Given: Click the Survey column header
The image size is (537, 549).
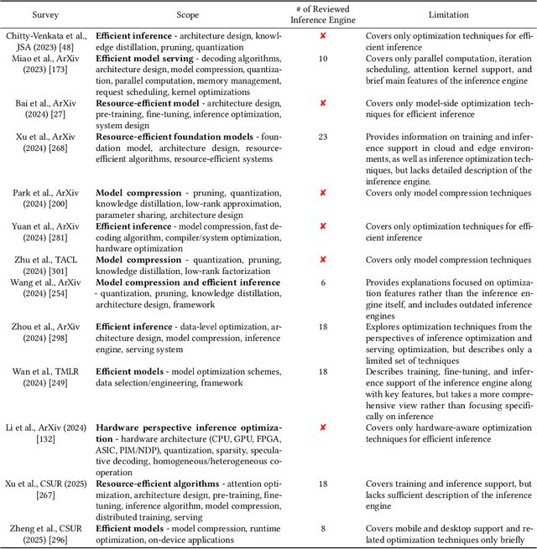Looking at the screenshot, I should point(45,15).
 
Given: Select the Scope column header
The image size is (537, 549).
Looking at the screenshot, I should point(187,15).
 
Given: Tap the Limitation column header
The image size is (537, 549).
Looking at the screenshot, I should point(449,15).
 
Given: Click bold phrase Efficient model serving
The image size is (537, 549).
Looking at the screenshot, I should point(141,58).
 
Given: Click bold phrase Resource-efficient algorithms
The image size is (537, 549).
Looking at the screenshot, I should point(158,484).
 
